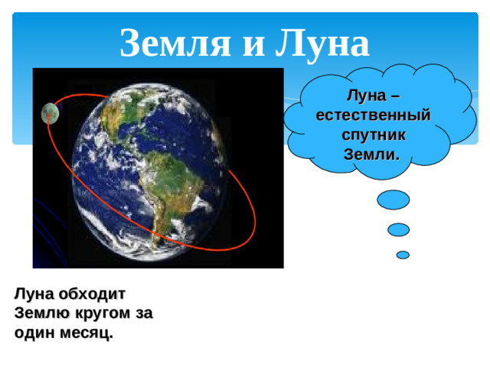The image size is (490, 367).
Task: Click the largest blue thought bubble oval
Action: pos(394,200)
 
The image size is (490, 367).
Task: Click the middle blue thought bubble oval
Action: pos(398,229)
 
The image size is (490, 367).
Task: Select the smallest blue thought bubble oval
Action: pos(403,254)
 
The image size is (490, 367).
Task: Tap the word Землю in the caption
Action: pos(42,313)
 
